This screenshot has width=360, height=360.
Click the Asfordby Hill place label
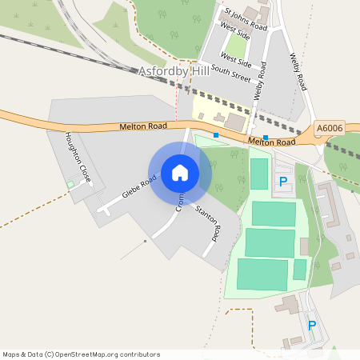coord(174,71)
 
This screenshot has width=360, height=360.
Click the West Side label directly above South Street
coord(236,61)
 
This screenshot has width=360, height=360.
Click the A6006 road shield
coord(328,128)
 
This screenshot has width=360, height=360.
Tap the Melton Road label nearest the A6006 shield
coord(272,142)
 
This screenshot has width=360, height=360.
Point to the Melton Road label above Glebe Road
coord(143,126)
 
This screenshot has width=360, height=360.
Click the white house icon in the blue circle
coord(180,172)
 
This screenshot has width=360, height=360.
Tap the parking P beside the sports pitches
coord(282,182)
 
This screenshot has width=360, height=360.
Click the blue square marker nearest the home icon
coord(216,135)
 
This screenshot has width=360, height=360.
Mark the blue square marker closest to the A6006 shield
coord(266,136)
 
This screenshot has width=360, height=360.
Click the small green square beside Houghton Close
coord(70,185)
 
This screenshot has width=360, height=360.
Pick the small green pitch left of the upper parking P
coord(259,174)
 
